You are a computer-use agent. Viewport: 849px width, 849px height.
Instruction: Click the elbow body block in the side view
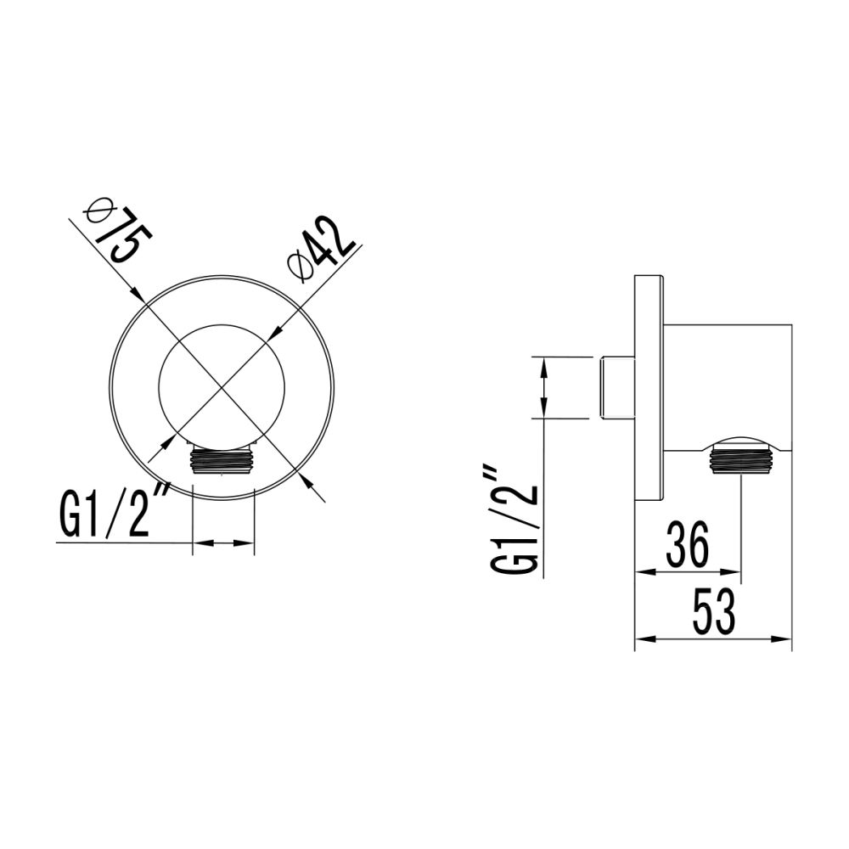click(x=728, y=386)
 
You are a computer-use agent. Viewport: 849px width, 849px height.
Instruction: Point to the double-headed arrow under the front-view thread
click(x=224, y=543)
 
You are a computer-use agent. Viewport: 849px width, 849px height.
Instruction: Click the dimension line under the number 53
click(x=713, y=638)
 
